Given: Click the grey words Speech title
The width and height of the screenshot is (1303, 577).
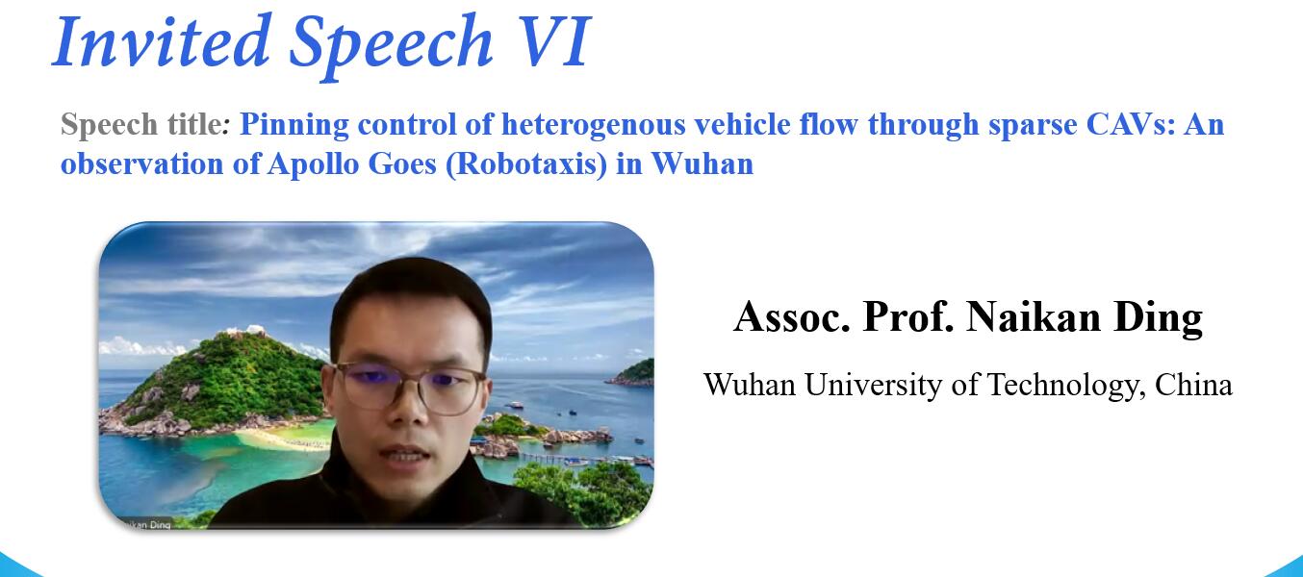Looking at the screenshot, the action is (x=141, y=124).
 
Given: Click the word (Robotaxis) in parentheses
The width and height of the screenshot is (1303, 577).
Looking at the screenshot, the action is (x=526, y=164).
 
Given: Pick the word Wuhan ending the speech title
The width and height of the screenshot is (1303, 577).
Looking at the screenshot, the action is (x=703, y=163).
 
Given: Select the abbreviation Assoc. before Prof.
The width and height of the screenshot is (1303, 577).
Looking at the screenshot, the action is (x=792, y=317).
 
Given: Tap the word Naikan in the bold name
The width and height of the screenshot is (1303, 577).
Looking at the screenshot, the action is (x=1034, y=317).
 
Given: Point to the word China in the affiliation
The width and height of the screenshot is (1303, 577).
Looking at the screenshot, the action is (x=1193, y=385).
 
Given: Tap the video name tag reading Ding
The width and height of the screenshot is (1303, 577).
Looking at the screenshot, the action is (x=161, y=524).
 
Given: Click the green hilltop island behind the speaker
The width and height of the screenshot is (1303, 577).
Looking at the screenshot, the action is (x=233, y=378).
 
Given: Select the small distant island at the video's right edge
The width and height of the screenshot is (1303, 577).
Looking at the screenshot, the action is (x=633, y=373).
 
